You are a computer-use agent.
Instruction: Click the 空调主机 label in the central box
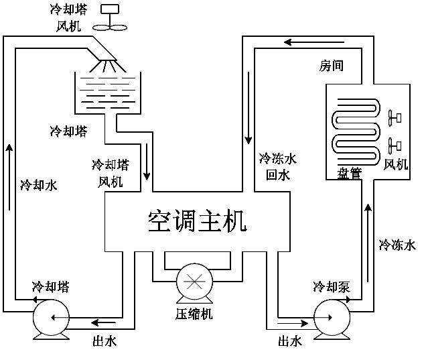[198, 221]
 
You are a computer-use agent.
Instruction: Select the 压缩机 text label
[194, 313]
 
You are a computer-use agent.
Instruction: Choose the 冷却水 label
[39, 184]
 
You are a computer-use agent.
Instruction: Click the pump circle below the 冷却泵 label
[331, 316]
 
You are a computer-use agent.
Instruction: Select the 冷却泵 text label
[331, 287]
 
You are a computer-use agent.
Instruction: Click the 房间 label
[331, 66]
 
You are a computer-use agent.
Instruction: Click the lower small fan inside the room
[394, 144]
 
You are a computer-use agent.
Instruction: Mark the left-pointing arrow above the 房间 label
[295, 42]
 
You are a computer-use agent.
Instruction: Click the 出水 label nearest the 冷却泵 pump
[290, 341]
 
